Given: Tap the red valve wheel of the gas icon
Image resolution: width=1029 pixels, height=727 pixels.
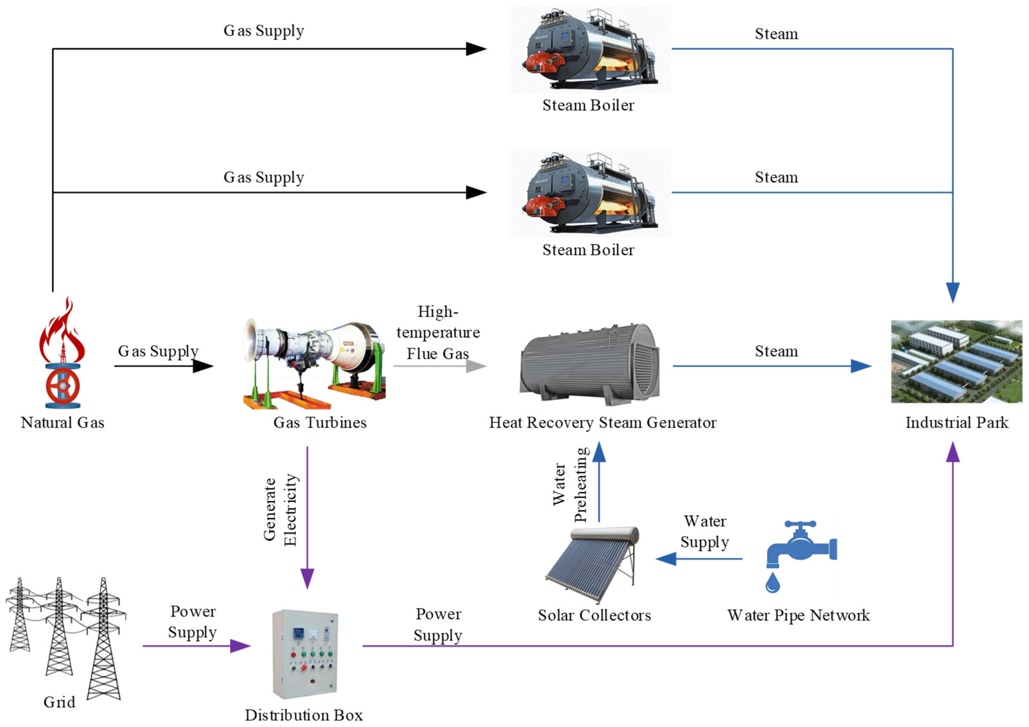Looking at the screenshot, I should [x=63, y=386].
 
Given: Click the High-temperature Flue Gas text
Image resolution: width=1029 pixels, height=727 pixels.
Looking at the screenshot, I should [x=438, y=333].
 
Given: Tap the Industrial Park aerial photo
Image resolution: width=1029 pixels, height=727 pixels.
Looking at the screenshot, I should [x=956, y=361].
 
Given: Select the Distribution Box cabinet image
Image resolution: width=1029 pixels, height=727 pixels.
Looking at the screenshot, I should [x=305, y=653].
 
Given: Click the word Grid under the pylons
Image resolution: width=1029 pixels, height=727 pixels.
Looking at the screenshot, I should [x=59, y=702].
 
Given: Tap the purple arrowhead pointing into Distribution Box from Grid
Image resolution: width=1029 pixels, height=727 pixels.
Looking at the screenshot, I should [x=240, y=646].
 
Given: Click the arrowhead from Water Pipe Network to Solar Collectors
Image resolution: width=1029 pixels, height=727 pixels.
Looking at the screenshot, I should [x=666, y=559].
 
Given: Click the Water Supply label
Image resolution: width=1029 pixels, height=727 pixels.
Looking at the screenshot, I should [x=704, y=532].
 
